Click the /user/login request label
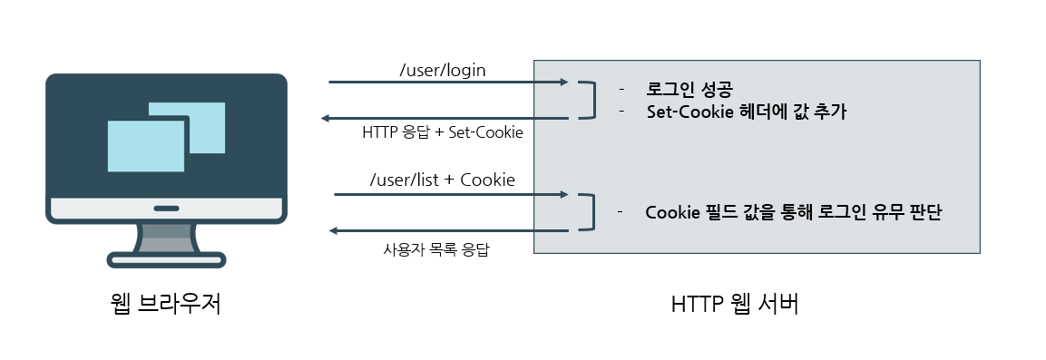pos(442,69)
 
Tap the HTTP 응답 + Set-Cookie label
pos(443,132)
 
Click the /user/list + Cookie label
pos(443,180)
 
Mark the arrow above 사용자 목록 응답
pos(449,231)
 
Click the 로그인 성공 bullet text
pos(689,90)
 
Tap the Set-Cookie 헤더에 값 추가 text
pos(746,112)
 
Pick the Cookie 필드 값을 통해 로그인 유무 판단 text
pos(794,213)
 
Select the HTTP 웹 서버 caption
pos(735,305)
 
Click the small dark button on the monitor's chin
pos(166,209)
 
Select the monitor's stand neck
pos(166,238)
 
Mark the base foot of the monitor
pos(166,261)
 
